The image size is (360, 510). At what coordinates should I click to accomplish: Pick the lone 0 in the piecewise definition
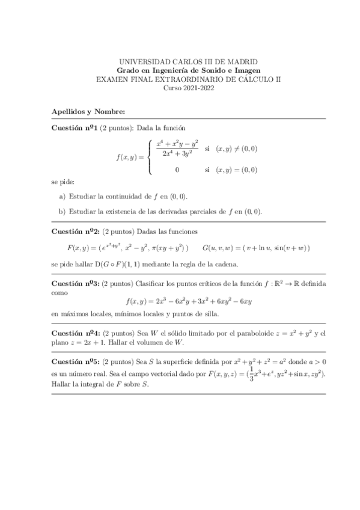177,170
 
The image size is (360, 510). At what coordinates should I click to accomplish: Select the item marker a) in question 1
63,197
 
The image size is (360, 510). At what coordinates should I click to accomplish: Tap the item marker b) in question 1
63,210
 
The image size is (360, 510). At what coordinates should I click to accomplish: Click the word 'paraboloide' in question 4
249,333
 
